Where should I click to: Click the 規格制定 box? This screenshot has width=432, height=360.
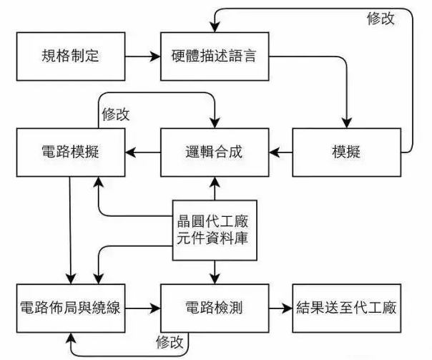71,57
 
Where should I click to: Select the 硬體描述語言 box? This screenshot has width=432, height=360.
215,57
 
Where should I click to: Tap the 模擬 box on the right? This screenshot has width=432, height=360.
347,152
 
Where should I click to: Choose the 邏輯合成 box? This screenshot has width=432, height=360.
215,152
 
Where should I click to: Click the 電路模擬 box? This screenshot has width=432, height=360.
71,152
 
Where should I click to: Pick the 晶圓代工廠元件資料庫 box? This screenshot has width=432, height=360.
215,230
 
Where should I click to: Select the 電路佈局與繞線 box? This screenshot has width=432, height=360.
71,308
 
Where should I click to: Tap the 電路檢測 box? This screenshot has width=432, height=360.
215,308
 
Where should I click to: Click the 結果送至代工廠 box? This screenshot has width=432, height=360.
347,308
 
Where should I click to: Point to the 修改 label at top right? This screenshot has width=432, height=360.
381,19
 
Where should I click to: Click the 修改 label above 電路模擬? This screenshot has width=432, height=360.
116,114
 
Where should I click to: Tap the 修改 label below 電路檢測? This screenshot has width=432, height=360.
170,342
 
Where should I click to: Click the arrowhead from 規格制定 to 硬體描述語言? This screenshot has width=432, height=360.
155,57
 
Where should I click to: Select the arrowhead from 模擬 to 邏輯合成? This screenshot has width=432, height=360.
275,152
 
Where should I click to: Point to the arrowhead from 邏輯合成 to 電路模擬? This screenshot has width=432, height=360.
131,152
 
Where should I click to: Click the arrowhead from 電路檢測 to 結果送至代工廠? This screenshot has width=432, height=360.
287,308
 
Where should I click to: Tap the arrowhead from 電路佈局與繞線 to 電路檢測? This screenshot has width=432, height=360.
155,308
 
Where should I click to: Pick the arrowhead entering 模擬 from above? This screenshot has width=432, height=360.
347,123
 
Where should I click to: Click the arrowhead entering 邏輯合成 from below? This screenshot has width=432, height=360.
215,182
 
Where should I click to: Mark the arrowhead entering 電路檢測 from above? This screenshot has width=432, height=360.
215,278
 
